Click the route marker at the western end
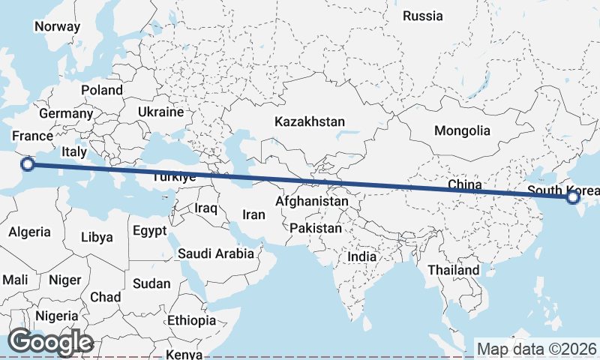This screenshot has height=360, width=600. (x=28, y=163)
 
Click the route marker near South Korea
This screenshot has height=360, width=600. (x=574, y=197)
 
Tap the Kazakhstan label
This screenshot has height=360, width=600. (x=309, y=121)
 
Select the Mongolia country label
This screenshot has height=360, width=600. (x=462, y=130)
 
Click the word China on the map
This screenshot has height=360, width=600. (x=463, y=184)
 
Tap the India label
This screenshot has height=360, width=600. (x=361, y=256)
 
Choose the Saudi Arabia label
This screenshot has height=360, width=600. (x=216, y=253)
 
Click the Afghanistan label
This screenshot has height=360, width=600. (x=311, y=201)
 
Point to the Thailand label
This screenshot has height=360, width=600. (x=453, y=270)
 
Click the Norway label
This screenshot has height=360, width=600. (x=57, y=26)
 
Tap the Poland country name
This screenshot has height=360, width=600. (x=102, y=90)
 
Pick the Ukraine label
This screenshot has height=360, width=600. (x=160, y=112)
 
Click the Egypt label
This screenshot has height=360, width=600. (x=149, y=230)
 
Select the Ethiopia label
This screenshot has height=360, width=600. (x=191, y=320)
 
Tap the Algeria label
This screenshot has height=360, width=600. (x=30, y=232)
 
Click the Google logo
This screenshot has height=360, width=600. (x=50, y=342)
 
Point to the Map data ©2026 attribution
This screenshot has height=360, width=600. (x=536, y=349)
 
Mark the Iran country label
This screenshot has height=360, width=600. (x=253, y=214)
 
